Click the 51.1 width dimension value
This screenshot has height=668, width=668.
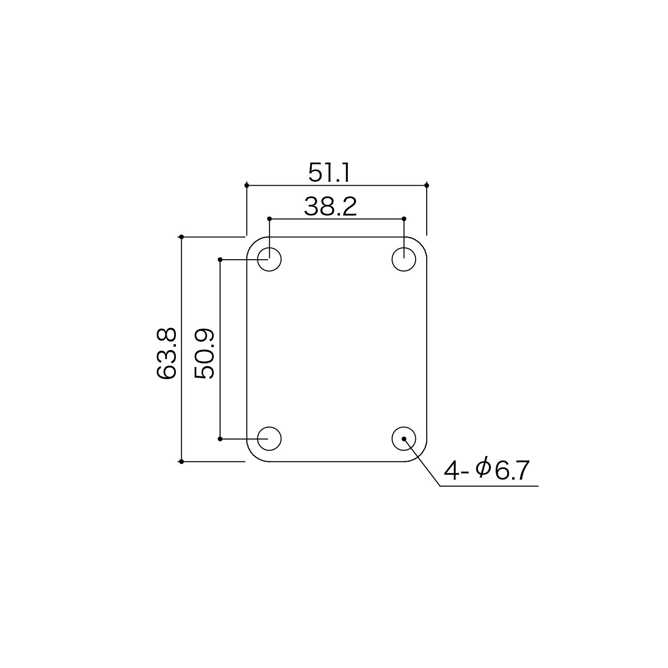coord(330,173)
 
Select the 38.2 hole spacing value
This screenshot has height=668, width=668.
coord(330,207)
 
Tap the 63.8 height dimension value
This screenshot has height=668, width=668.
coord(167,354)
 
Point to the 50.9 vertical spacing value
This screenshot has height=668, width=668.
coord(204,354)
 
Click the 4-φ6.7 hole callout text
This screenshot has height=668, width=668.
coord(486,470)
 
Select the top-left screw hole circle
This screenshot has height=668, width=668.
coord(269,259)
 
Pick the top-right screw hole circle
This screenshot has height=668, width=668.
coord(404,259)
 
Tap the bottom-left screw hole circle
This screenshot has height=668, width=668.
coord(269,439)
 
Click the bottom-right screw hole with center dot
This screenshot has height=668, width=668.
coord(404,439)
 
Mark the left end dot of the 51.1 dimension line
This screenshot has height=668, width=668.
coord(247,185)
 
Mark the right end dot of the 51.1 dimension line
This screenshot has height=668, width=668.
coord(427,185)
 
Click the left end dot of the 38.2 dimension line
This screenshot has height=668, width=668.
coord(269,219)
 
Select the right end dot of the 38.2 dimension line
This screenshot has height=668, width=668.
coord(404,219)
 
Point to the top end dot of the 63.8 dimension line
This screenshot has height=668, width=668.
coord(181,237)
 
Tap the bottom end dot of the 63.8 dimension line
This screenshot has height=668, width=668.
coord(181,461)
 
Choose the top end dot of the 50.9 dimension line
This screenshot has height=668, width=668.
coord(220,259)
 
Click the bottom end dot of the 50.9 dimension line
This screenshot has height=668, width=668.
coord(220,439)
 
